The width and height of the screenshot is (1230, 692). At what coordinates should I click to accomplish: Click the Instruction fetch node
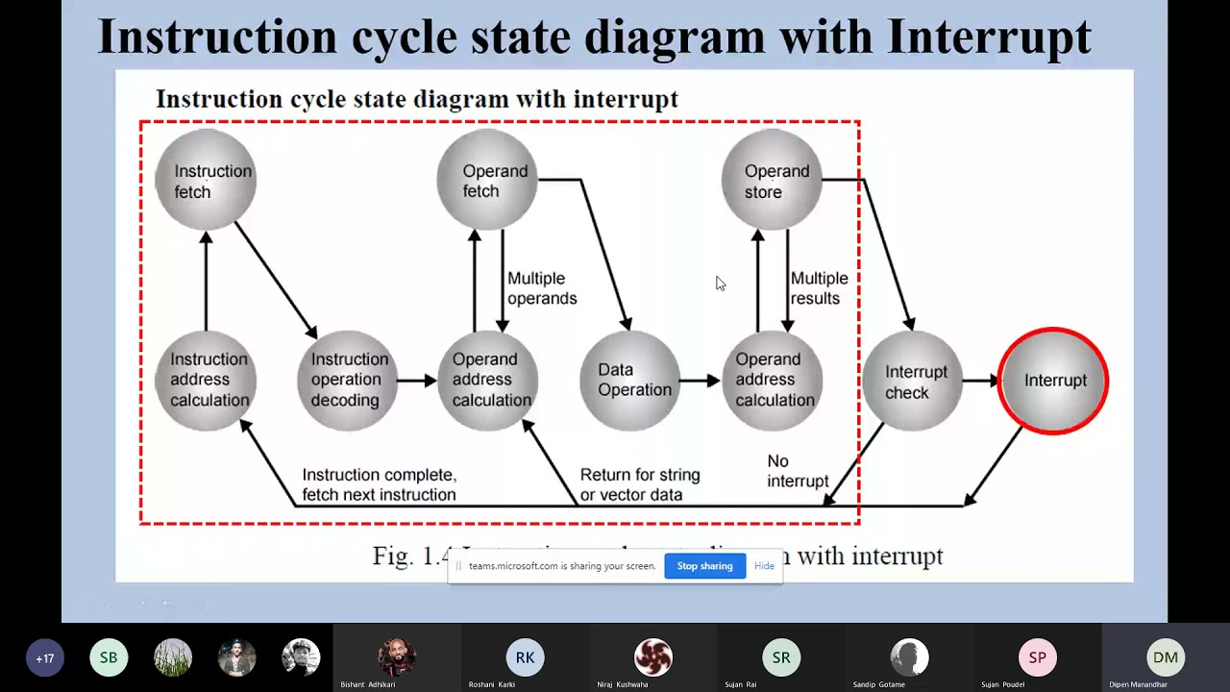pyautogui.click(x=206, y=181)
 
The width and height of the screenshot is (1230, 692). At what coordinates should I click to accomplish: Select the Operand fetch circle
pyautogui.click(x=487, y=181)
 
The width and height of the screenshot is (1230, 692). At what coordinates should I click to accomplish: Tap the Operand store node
pyautogui.click(x=772, y=181)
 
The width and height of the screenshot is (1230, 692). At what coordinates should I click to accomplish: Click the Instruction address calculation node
pyautogui.click(x=206, y=380)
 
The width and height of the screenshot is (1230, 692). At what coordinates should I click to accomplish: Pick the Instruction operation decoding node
pyautogui.click(x=347, y=380)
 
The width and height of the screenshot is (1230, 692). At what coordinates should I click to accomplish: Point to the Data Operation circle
pyautogui.click(x=629, y=380)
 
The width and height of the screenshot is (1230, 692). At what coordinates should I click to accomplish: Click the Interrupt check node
pyautogui.click(x=912, y=381)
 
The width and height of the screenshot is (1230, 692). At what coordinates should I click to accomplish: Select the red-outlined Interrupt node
pyautogui.click(x=1053, y=381)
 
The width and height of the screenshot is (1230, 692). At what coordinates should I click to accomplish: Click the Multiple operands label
pyautogui.click(x=542, y=288)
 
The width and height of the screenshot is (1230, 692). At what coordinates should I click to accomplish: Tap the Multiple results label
pyautogui.click(x=819, y=288)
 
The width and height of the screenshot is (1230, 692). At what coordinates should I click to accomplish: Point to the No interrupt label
pyautogui.click(x=797, y=472)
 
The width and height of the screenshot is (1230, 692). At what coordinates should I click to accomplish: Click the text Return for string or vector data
pyautogui.click(x=640, y=485)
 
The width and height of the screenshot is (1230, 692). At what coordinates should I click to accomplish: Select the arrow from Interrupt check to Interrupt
pyautogui.click(x=980, y=381)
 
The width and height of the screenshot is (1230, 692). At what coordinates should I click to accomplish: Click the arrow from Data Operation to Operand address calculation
pyautogui.click(x=700, y=381)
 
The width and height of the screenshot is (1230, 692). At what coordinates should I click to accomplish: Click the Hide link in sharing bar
pyautogui.click(x=764, y=566)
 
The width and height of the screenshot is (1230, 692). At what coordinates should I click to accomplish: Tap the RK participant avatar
pyautogui.click(x=525, y=657)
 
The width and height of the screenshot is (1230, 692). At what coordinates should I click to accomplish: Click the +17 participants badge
pyautogui.click(x=44, y=658)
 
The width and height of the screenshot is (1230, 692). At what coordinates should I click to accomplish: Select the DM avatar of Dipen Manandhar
pyautogui.click(x=1166, y=657)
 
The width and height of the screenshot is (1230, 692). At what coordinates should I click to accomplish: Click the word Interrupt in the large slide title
pyautogui.click(x=989, y=37)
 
